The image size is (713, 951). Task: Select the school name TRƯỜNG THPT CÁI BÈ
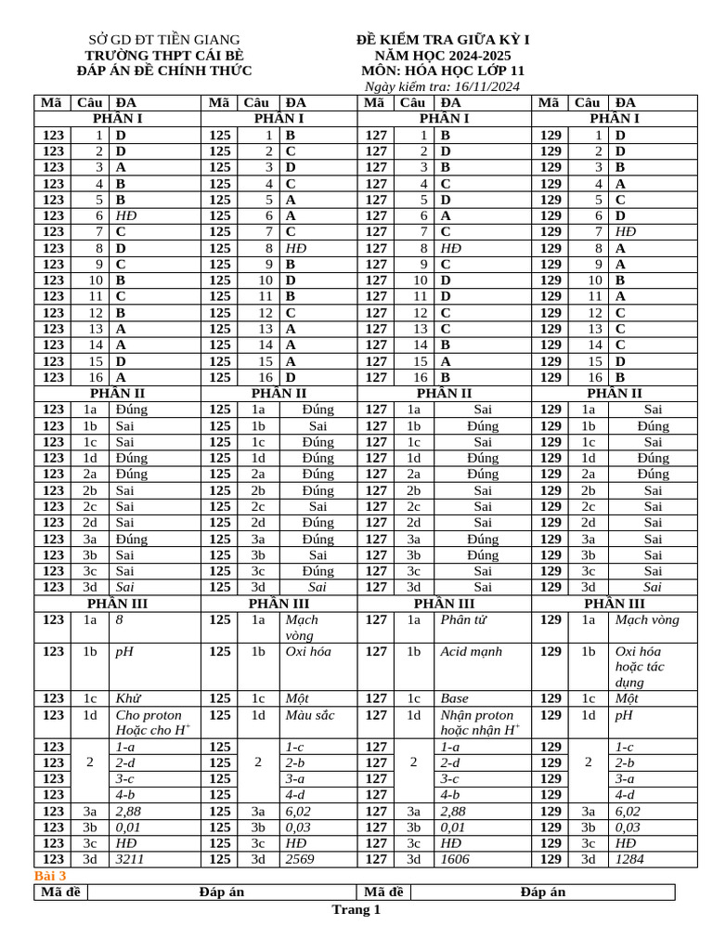pos(163,55)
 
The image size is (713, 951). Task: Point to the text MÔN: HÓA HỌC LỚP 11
pos(443,71)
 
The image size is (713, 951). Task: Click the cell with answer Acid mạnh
pos(473,652)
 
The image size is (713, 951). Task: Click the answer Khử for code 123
pos(128,698)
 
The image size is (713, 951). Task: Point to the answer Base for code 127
pos(455,698)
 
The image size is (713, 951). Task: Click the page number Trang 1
pos(356,910)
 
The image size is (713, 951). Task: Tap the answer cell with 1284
pos(632,859)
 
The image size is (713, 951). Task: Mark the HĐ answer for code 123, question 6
pos(125,215)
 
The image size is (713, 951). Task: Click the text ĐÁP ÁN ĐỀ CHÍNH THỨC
pos(163,71)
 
